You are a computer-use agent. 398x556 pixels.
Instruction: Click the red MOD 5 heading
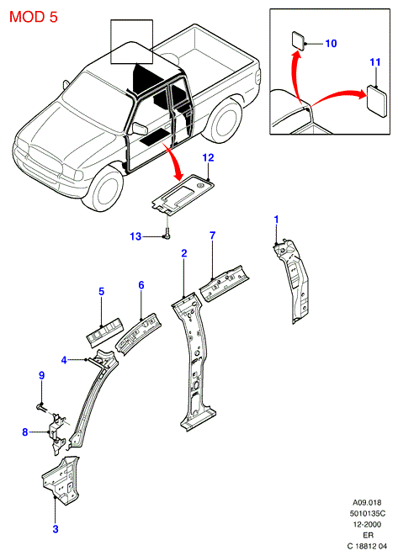(33, 17)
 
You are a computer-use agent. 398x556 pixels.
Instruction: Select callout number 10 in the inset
(331, 44)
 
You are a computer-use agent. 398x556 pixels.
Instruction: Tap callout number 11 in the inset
(375, 62)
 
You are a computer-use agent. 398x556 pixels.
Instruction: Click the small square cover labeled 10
(298, 40)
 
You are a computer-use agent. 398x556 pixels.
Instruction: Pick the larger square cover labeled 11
(376, 102)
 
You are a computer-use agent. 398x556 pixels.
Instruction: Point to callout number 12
(208, 157)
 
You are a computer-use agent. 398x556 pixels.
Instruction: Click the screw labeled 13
(167, 236)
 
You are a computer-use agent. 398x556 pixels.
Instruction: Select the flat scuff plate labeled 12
(183, 194)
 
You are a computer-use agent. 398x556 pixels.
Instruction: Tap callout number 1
(276, 220)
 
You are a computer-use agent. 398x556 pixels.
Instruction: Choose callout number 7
(212, 236)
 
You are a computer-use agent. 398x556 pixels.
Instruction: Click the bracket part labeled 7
(224, 283)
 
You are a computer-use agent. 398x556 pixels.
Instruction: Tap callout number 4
(64, 360)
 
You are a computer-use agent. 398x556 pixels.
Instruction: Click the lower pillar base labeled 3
(61, 480)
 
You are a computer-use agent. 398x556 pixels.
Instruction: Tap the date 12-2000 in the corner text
(367, 524)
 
